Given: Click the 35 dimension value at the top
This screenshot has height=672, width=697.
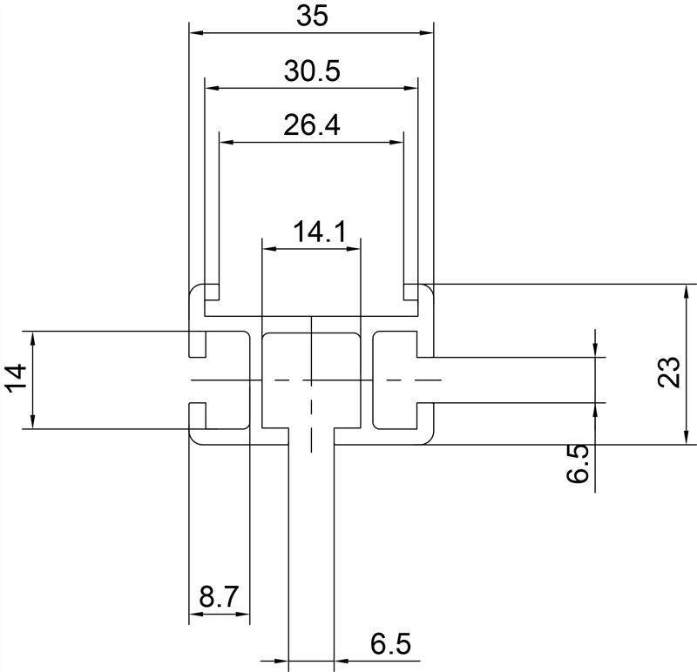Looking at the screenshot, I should (311, 17).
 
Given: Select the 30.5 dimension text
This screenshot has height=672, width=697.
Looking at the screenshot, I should (311, 71).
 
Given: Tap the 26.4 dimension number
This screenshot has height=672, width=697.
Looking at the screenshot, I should (311, 125).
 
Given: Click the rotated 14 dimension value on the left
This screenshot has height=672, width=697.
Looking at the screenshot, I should (17, 380).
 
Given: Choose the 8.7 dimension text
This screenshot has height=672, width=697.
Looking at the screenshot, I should (219, 598).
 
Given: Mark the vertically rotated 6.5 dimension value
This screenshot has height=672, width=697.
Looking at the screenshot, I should (577, 463).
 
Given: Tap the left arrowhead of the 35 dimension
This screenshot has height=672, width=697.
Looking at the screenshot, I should (196, 33).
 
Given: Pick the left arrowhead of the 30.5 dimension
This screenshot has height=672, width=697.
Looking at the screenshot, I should (210, 87).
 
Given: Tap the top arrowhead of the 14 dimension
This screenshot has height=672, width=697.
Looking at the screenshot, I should (33, 337).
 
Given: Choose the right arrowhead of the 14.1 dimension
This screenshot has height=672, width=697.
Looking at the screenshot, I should (354, 249).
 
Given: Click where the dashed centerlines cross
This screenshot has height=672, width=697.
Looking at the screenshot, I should (311, 380).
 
